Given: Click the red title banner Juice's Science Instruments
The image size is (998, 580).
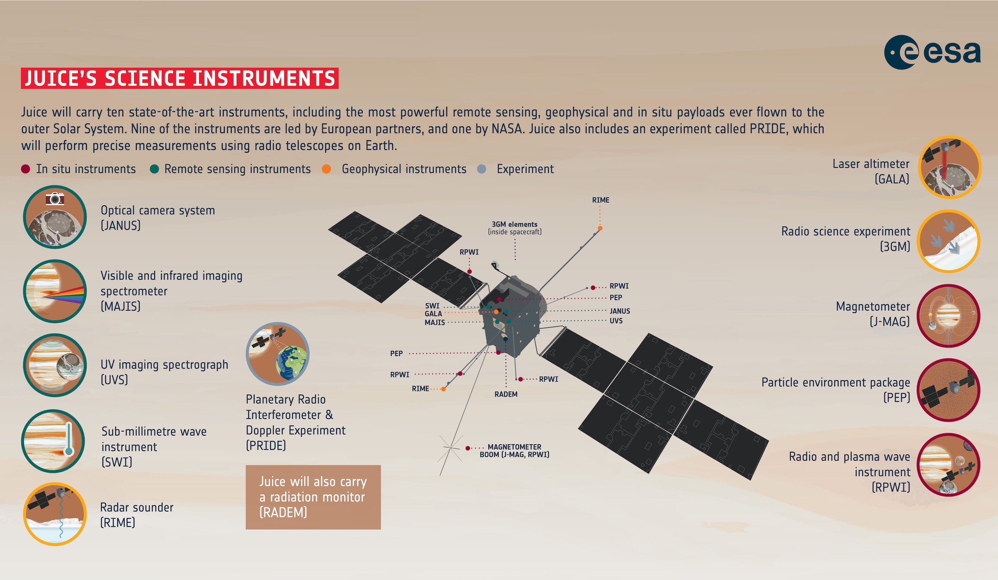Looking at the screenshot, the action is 179,78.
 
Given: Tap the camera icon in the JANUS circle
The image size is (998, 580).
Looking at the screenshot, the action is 55,198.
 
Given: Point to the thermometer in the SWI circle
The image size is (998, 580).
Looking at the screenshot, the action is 69,438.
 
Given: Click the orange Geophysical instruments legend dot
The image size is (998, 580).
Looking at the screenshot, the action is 326,169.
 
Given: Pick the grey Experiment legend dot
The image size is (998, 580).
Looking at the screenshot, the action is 482,169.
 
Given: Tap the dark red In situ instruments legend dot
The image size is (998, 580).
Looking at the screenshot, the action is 26,169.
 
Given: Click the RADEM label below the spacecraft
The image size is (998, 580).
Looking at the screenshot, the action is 506,394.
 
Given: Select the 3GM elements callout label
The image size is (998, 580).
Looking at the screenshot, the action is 514,228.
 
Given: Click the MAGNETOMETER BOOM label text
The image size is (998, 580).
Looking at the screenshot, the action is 514,451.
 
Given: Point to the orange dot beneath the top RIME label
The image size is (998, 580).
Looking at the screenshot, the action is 600,228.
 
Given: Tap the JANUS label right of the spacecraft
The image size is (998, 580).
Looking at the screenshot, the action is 620,311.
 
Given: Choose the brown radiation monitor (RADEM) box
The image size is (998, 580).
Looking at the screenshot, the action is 313,497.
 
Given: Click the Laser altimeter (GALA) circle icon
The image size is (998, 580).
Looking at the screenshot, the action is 949,167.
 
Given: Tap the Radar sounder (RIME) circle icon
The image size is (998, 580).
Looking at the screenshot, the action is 55,514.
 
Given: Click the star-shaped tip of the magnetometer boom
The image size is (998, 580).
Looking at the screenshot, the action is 451,448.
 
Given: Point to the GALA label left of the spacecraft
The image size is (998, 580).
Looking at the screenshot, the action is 433,314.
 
